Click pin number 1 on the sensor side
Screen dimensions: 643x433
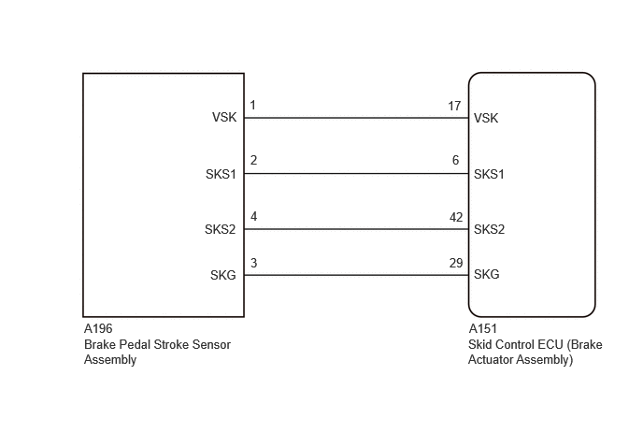pos(252,105)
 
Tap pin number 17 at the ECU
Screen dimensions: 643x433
pos(454,106)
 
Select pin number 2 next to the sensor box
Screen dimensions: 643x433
pos(253,160)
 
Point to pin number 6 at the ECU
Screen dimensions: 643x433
pos(455,160)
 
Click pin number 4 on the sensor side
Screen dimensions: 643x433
pos(254,216)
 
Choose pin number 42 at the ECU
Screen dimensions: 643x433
pos(456,217)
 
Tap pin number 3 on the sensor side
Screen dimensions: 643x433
pos(254,263)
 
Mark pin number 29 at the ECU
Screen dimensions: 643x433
pos(456,263)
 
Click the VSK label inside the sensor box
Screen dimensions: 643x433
pos(224,118)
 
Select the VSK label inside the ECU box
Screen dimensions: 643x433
pos(486,118)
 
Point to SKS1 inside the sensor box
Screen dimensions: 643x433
pos(221,174)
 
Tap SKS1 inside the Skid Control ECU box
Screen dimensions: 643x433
pos(489,174)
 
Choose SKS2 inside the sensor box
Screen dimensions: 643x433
pos(221,229)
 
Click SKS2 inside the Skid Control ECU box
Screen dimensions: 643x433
pos(489,229)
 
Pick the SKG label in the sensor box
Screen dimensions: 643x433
pos(223,275)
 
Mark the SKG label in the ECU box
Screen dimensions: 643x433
pos(486,274)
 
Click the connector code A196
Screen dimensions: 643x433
pos(98,329)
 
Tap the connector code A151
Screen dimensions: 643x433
pos(482,329)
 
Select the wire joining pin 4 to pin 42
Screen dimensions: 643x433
pos(356,229)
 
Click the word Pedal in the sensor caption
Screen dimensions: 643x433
pos(135,344)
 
